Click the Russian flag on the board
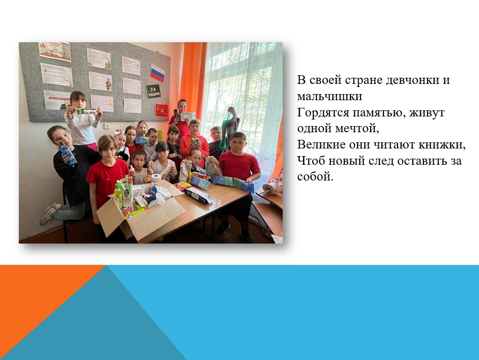coord(157,73)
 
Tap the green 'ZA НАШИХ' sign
coord(153,92)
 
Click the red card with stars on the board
coord(162,110)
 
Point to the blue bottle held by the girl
coord(68,154)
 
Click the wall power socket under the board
coord(107,126)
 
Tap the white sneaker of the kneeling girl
coord(47,215)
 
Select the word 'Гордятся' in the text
coord(323,112)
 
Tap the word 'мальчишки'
coord(330,96)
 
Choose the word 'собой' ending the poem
coord(315,176)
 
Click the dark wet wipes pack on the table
coord(198,195)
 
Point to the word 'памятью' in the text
coord(380,112)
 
